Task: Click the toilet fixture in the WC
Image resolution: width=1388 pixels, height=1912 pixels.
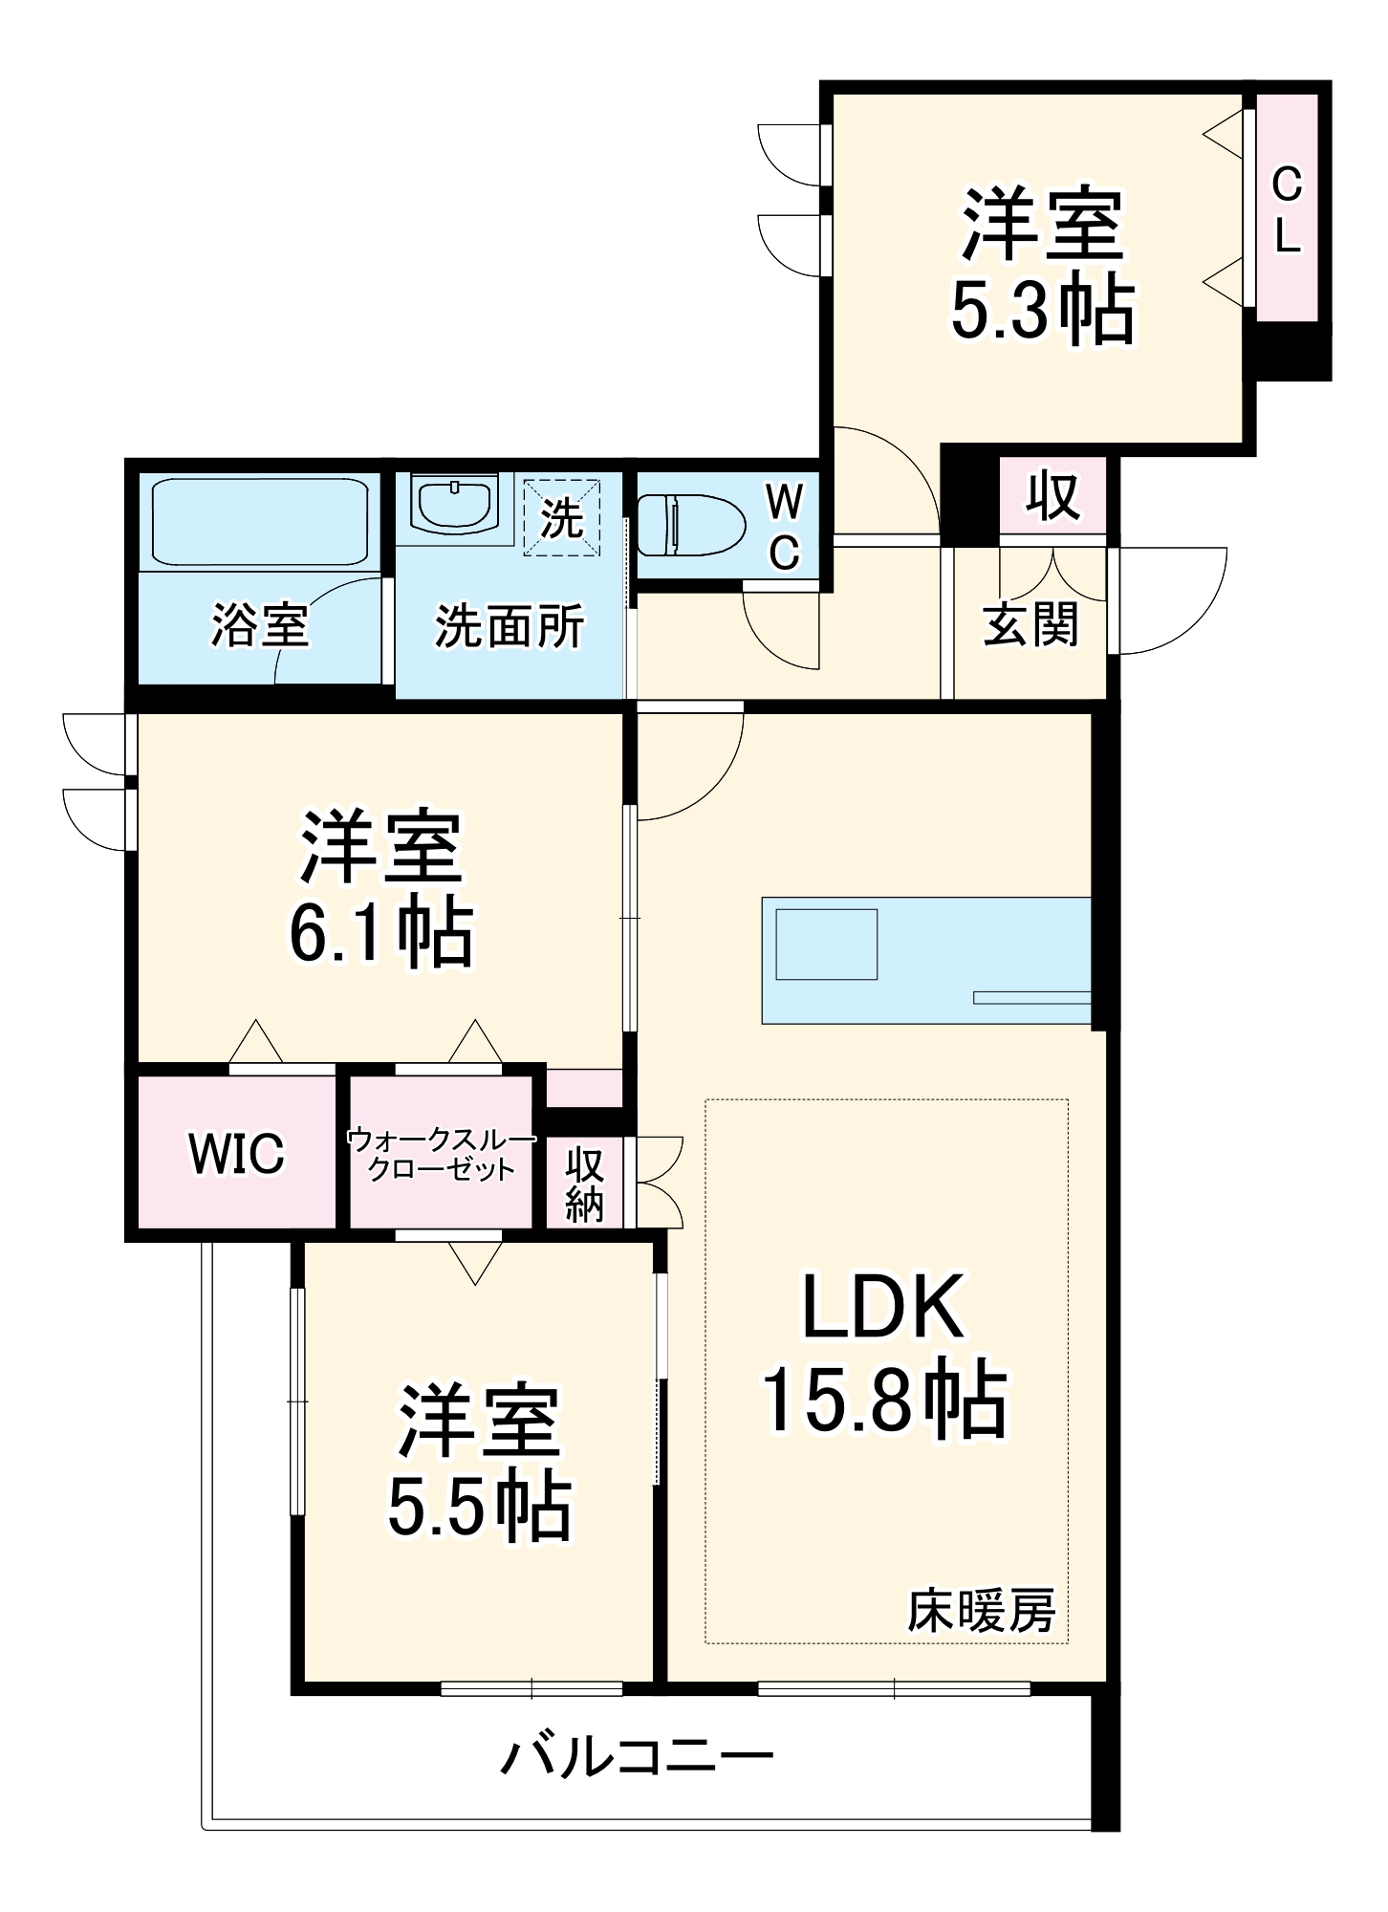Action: pyautogui.click(x=690, y=525)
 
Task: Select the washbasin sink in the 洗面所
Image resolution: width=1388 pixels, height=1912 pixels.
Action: pyautogui.click(x=453, y=504)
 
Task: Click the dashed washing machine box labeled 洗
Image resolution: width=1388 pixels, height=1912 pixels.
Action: pyautogui.click(x=562, y=518)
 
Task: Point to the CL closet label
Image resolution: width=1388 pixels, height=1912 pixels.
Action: pyautogui.click(x=1287, y=209)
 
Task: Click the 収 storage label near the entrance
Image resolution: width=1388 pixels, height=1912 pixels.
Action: pyautogui.click(x=1052, y=496)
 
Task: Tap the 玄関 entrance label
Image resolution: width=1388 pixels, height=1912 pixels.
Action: pyautogui.click(x=1030, y=625)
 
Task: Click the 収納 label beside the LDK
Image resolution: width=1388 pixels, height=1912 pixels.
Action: pyautogui.click(x=584, y=1184)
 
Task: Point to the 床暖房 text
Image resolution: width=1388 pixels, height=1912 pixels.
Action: pyautogui.click(x=981, y=1611)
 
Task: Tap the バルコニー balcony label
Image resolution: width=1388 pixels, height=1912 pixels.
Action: pyautogui.click(x=638, y=1756)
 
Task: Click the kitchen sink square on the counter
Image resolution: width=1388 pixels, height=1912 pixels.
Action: pyautogui.click(x=826, y=945)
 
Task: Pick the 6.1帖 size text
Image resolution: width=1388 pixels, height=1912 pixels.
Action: pyautogui.click(x=380, y=932)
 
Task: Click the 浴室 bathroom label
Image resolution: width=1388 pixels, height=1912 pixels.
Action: pyautogui.click(x=260, y=625)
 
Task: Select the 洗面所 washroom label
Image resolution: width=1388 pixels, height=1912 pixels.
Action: pyautogui.click(x=509, y=627)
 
